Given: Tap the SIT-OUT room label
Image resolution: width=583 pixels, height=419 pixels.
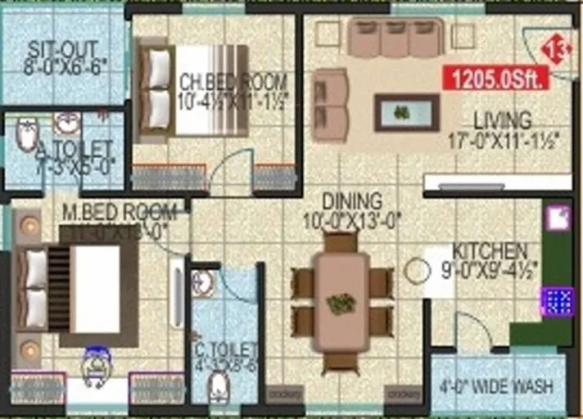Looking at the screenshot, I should pos(63,49).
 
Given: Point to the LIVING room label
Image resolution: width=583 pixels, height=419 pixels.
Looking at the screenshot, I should pos(502,120).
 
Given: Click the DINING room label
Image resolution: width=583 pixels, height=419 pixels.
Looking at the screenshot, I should pos(352,200).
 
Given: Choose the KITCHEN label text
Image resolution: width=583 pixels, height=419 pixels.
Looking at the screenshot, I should pos(490,250).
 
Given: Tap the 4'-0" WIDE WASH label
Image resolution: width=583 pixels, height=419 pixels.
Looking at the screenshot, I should pos(496,386).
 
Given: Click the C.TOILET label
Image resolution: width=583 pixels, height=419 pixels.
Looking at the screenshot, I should pos(226,351).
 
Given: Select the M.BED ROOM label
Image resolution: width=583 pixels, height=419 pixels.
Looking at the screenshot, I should pos(120,211).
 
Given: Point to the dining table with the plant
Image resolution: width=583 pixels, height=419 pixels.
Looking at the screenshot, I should pos(341,302).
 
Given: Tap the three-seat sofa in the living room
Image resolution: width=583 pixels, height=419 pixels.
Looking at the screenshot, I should pos(395,38).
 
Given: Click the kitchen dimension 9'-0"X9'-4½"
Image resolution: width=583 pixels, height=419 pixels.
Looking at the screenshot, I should pos(490,268).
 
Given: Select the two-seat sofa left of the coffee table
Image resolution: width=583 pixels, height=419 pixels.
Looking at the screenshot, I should pos(330,105).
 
